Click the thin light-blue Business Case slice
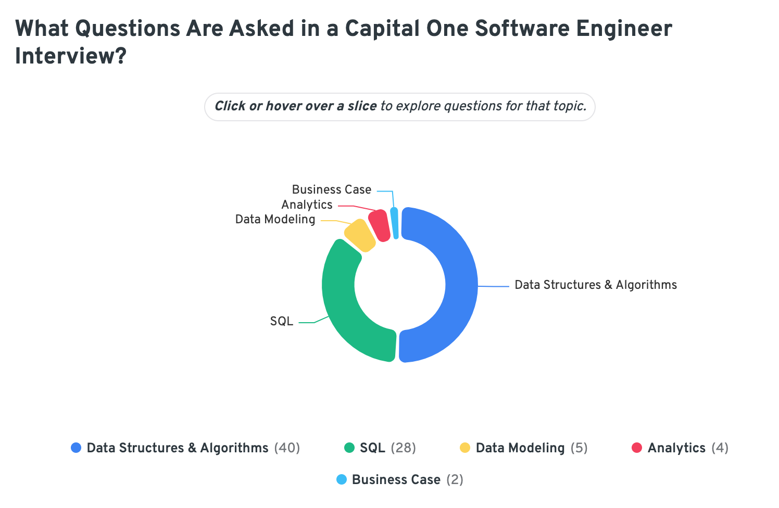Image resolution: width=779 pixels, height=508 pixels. (x=395, y=223)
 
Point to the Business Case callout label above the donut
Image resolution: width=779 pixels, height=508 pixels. (x=331, y=189)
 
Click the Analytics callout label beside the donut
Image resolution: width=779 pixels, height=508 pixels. (x=307, y=205)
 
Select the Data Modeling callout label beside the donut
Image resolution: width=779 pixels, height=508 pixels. (x=275, y=219)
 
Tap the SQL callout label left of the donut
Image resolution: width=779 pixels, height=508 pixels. (x=281, y=321)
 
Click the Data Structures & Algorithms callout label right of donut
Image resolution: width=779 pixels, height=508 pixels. (x=595, y=285)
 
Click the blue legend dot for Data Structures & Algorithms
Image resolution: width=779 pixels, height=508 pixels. (x=76, y=448)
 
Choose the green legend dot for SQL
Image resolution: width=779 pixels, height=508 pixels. (x=349, y=448)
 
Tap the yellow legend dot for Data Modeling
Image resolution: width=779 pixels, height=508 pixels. (x=465, y=448)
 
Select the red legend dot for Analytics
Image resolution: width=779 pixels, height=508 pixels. (x=636, y=448)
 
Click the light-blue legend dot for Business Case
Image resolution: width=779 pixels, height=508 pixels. (x=342, y=479)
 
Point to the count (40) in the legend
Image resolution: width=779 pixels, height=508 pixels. (x=287, y=448)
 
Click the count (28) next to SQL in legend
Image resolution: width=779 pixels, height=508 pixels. (x=403, y=448)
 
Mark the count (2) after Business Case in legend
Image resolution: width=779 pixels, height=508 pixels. (x=455, y=479)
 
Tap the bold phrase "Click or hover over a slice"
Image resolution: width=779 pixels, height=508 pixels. (x=295, y=106)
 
